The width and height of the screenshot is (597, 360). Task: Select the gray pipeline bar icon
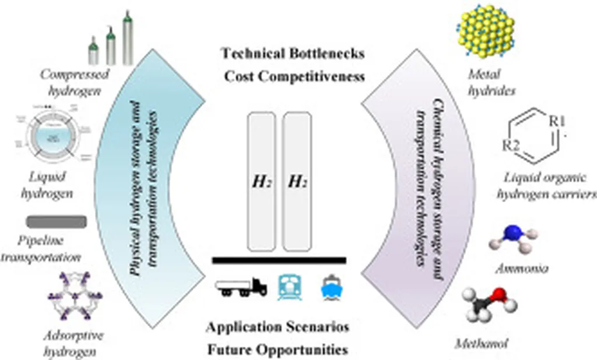point(57,222)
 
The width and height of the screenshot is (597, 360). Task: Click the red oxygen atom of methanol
point(497,295)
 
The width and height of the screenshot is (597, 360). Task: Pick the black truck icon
point(241,287)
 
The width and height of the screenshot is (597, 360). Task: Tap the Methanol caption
point(483,344)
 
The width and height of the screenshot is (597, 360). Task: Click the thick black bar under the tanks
point(279,260)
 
